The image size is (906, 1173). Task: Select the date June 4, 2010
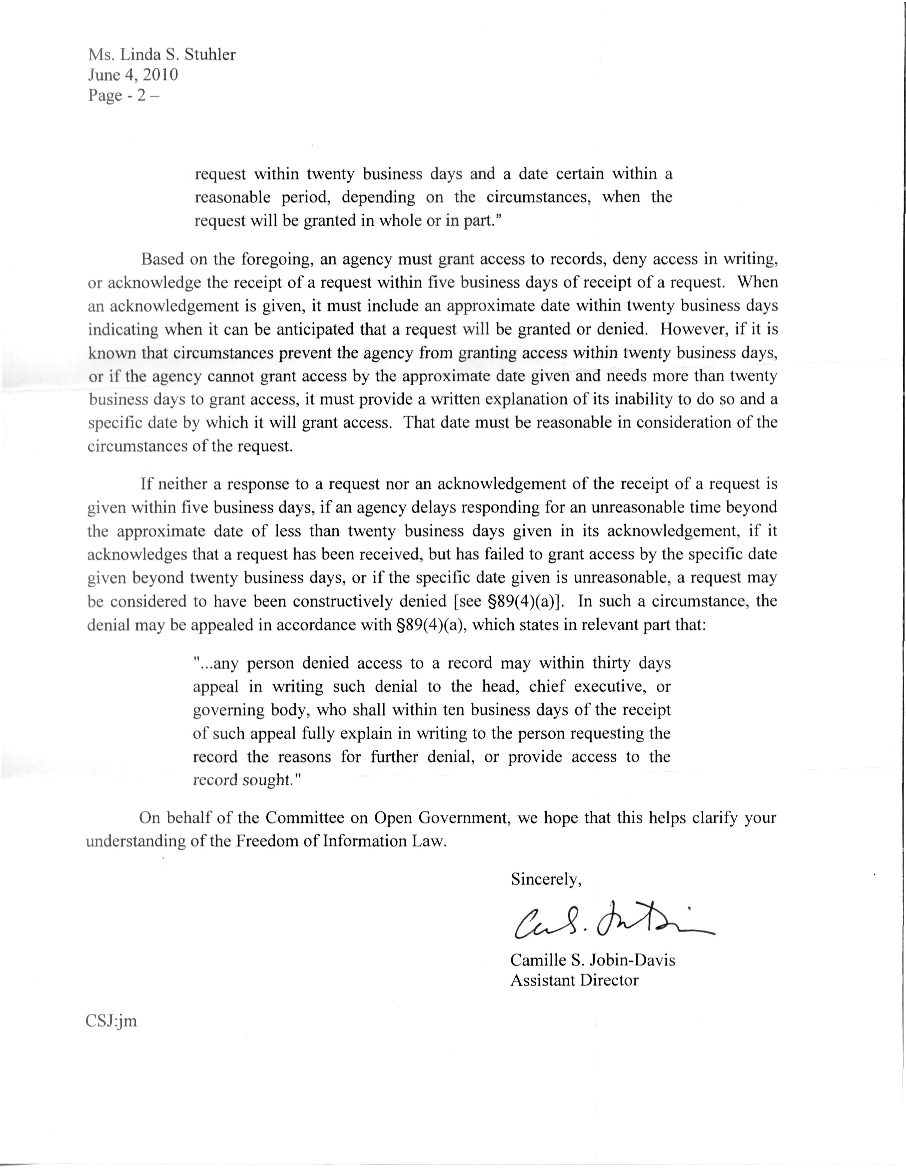pyautogui.click(x=133, y=75)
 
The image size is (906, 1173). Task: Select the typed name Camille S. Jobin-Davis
pyautogui.click(x=593, y=960)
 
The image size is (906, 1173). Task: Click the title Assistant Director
pyautogui.click(x=574, y=980)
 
